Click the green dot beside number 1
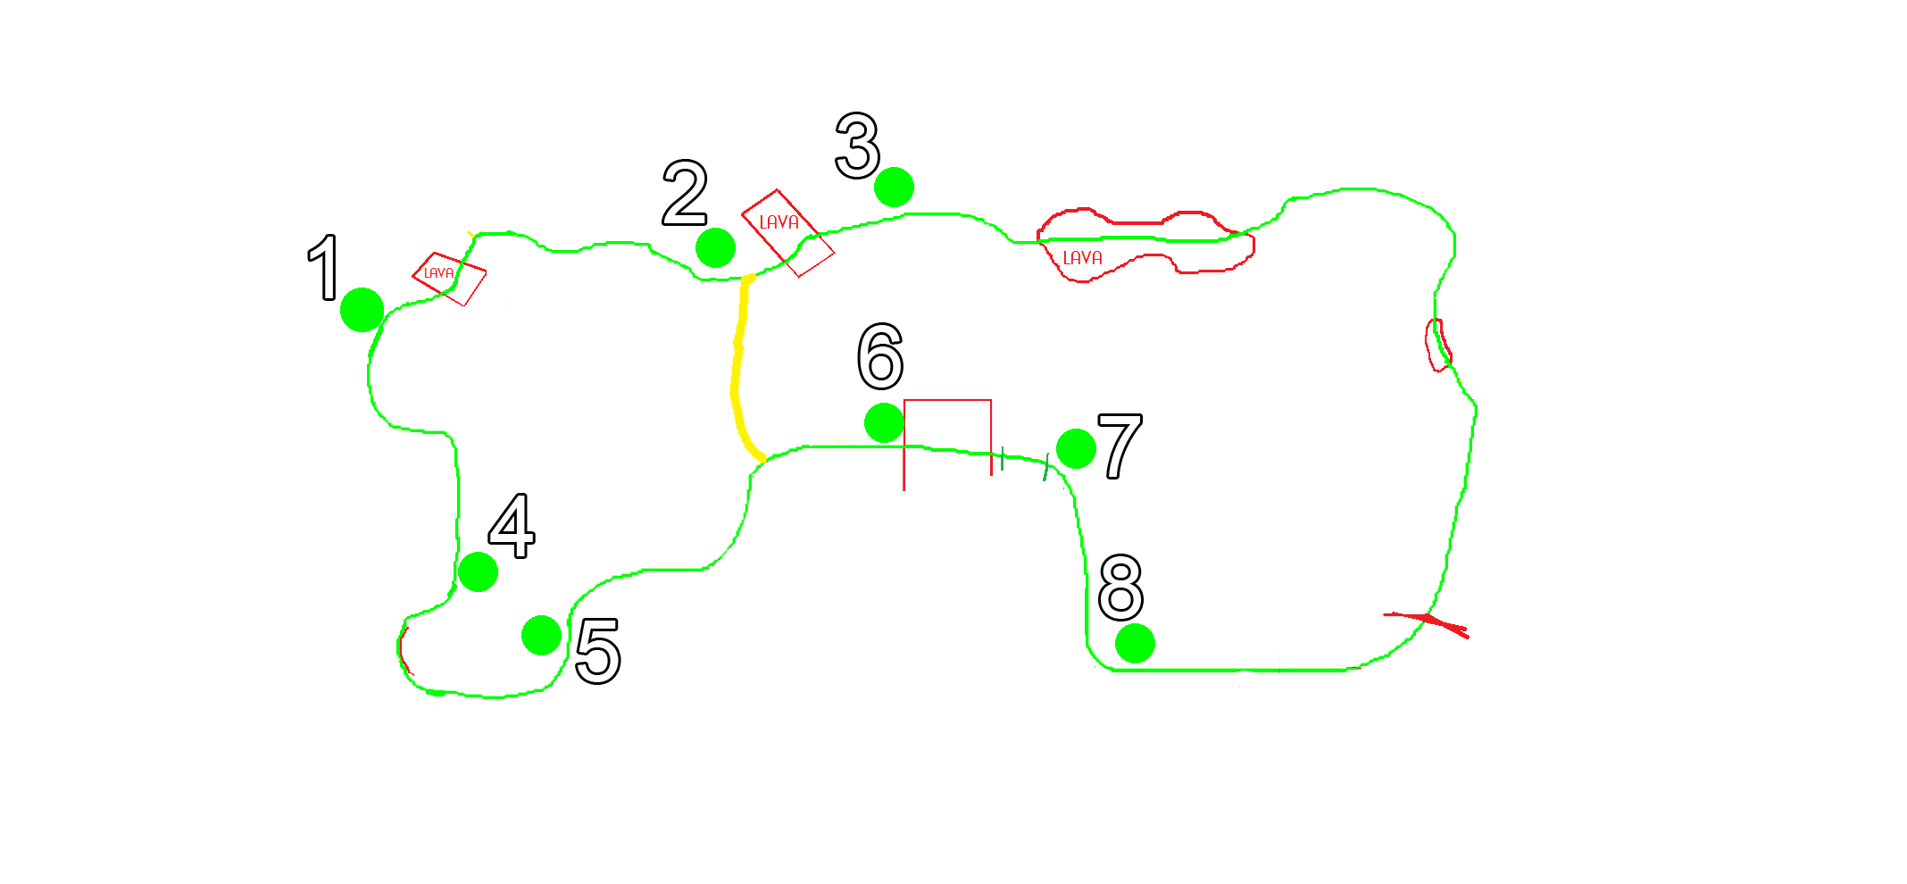click(362, 310)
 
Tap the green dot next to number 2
click(715, 247)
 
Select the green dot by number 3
click(894, 188)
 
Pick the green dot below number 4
click(478, 571)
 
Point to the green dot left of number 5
click(541, 636)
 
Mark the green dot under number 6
click(884, 422)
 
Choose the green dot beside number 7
click(1076, 448)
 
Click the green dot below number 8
click(1135, 643)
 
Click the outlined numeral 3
click(858, 146)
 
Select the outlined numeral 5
click(598, 651)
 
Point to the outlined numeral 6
click(880, 356)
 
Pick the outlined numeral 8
click(1120, 587)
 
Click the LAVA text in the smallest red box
click(438, 273)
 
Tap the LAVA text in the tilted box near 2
click(779, 222)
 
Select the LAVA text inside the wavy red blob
click(1082, 258)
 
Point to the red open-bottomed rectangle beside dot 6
click(947, 401)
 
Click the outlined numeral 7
click(1120, 446)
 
